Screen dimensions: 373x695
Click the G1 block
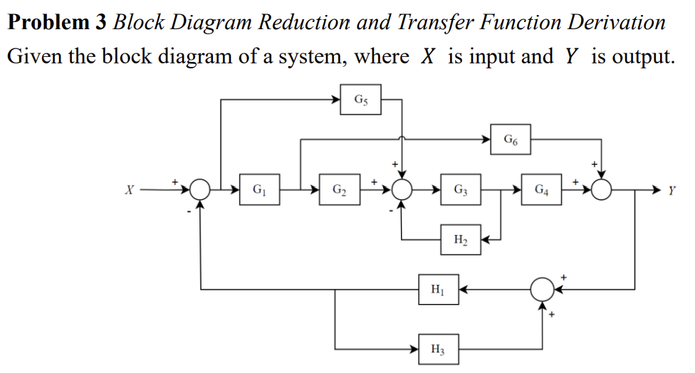[x=259, y=190]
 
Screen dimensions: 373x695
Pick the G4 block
[x=541, y=190]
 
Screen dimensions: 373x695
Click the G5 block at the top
[x=361, y=99]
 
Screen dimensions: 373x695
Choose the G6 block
[x=511, y=139]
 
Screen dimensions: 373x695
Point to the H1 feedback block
[x=439, y=289]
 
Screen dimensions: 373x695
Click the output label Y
[x=672, y=190]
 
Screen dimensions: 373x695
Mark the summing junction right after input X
[x=200, y=190]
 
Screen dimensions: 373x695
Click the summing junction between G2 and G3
[x=403, y=190]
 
